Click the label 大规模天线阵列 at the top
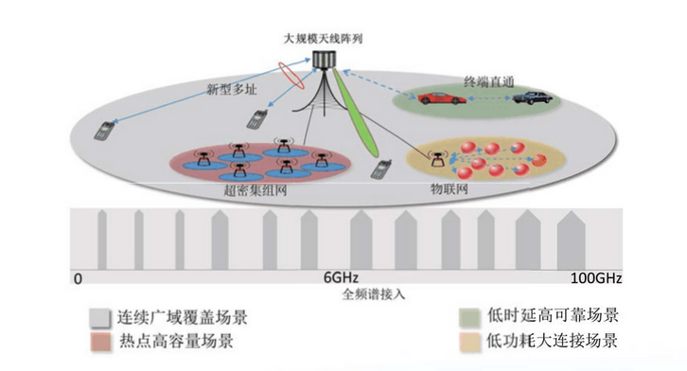point(324,40)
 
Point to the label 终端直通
point(488,82)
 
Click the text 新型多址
point(230,91)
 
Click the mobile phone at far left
point(101,131)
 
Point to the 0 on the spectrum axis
point(78,279)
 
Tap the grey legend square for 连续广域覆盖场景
point(97,317)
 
